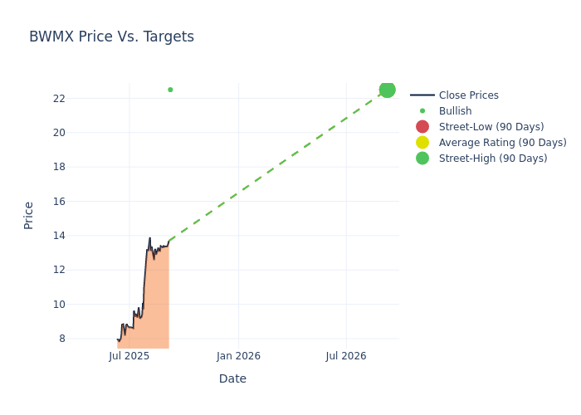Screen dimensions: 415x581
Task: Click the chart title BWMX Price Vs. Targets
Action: tap(111, 37)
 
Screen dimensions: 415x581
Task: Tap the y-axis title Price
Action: tap(29, 215)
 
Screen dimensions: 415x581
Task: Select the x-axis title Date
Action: tap(232, 378)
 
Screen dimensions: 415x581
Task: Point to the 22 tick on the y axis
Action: tap(59, 98)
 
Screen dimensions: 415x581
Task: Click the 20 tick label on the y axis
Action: tap(59, 133)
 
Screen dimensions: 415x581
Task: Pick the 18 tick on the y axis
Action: tap(59, 167)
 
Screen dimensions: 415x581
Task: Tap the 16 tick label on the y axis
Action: tap(59, 201)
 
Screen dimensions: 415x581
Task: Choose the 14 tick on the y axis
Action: tap(59, 236)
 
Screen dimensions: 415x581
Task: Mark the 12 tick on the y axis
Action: tap(59, 270)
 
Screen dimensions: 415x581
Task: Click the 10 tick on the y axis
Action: tap(59, 304)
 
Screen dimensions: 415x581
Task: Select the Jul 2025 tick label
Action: tap(129, 356)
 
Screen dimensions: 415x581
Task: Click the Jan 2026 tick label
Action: tap(238, 356)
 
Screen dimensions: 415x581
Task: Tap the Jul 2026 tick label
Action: tap(345, 356)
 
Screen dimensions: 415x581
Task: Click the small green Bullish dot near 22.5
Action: tap(170, 90)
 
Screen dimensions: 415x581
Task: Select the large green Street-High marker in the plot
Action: tap(387, 90)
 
